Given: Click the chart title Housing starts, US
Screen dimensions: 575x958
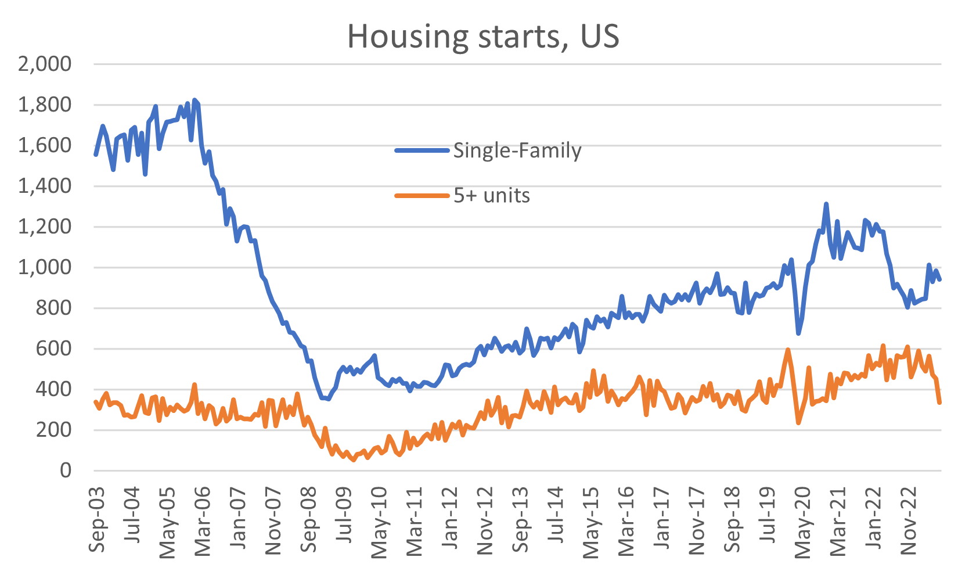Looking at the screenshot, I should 483,36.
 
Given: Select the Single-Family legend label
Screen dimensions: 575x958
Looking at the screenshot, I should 517,150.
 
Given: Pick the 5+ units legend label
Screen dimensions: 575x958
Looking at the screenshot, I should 492,196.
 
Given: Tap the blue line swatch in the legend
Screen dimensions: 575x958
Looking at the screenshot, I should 422,150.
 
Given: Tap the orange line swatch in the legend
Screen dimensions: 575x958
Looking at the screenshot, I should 422,196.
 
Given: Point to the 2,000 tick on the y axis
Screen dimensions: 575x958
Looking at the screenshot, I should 45,64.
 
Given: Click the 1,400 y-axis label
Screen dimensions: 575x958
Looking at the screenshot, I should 45,186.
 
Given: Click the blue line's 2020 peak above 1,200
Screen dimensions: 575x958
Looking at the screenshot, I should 826,204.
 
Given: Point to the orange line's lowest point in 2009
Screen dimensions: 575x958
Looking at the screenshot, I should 354,460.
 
